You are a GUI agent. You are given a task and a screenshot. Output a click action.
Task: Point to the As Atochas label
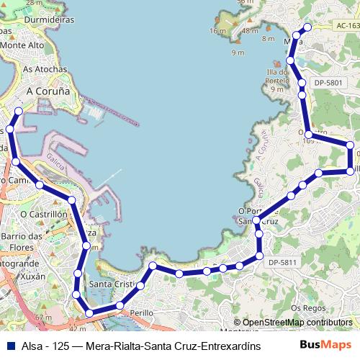45,69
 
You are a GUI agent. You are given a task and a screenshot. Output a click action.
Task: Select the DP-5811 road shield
282,262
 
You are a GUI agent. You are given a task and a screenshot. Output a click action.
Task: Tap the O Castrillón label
43,214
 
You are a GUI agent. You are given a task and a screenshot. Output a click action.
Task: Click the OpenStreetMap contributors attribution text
297,323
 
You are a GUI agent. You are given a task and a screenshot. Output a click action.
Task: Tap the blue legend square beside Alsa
11,346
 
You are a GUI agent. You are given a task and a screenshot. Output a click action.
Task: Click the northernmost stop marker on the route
307,27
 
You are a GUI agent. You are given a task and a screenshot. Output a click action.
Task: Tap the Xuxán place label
29,276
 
